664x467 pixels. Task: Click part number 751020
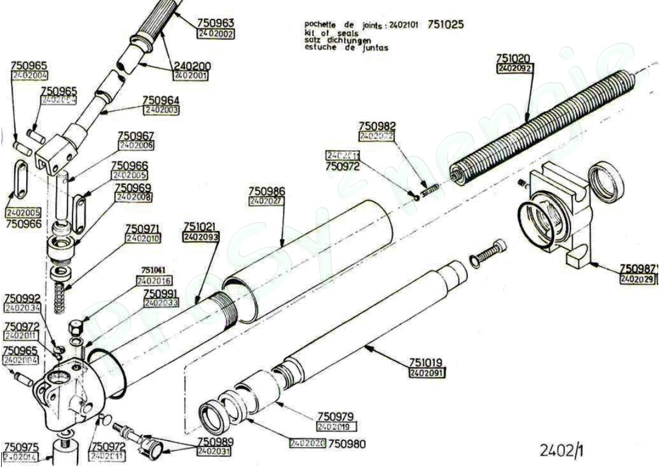pyautogui.click(x=513, y=58)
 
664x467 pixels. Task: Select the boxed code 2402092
pyautogui.click(x=515, y=69)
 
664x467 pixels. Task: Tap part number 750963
pyautogui.click(x=216, y=23)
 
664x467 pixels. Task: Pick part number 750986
pyautogui.click(x=266, y=191)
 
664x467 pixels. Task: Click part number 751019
pyautogui.click(x=427, y=363)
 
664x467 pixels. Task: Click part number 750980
pyautogui.click(x=347, y=444)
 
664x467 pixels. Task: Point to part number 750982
pyautogui.click(x=377, y=126)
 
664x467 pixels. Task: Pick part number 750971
pyautogui.click(x=143, y=228)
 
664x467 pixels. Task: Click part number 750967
pyautogui.click(x=135, y=136)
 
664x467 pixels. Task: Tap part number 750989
pyautogui.click(x=215, y=442)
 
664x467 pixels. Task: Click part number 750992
pyautogui.click(x=22, y=299)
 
